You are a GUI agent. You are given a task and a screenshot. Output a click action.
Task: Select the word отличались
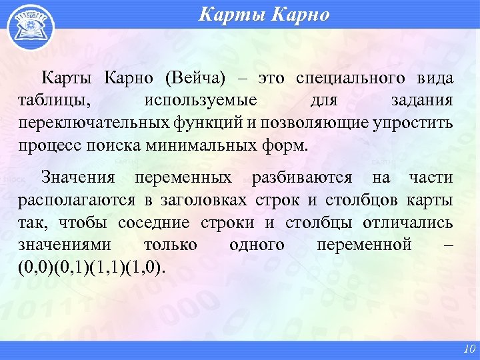tap(408, 223)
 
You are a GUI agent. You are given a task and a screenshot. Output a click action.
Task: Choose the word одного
tap(257, 245)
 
